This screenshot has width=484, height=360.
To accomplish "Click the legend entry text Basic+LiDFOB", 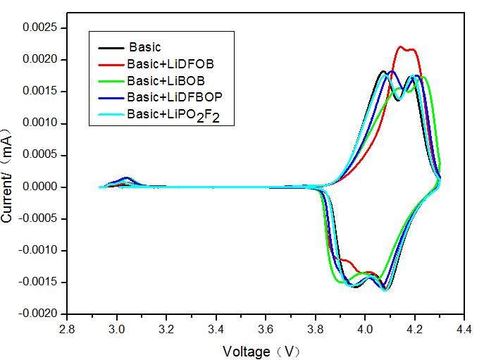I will (170, 63).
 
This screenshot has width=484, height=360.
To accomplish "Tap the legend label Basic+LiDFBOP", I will (176, 96).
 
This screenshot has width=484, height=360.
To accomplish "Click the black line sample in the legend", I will (111, 47).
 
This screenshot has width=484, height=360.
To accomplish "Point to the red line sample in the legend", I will (111, 63).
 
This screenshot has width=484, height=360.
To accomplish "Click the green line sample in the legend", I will (111, 80).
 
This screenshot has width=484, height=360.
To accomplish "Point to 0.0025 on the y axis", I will (40, 27).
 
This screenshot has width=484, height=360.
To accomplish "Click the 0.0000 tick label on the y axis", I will (40, 187).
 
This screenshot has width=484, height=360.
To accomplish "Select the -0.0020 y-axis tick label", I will (39, 314).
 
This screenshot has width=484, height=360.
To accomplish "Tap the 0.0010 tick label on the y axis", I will (40, 123).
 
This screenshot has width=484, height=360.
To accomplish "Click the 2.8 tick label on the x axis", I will (68, 329).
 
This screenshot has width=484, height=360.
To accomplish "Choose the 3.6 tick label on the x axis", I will (266, 329).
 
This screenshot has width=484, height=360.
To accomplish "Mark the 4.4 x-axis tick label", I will (464, 329).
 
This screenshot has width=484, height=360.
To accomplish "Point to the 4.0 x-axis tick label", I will (365, 329).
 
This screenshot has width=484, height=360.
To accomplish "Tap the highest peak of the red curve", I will (400, 46).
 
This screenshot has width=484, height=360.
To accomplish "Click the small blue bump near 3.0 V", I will (127, 178).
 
